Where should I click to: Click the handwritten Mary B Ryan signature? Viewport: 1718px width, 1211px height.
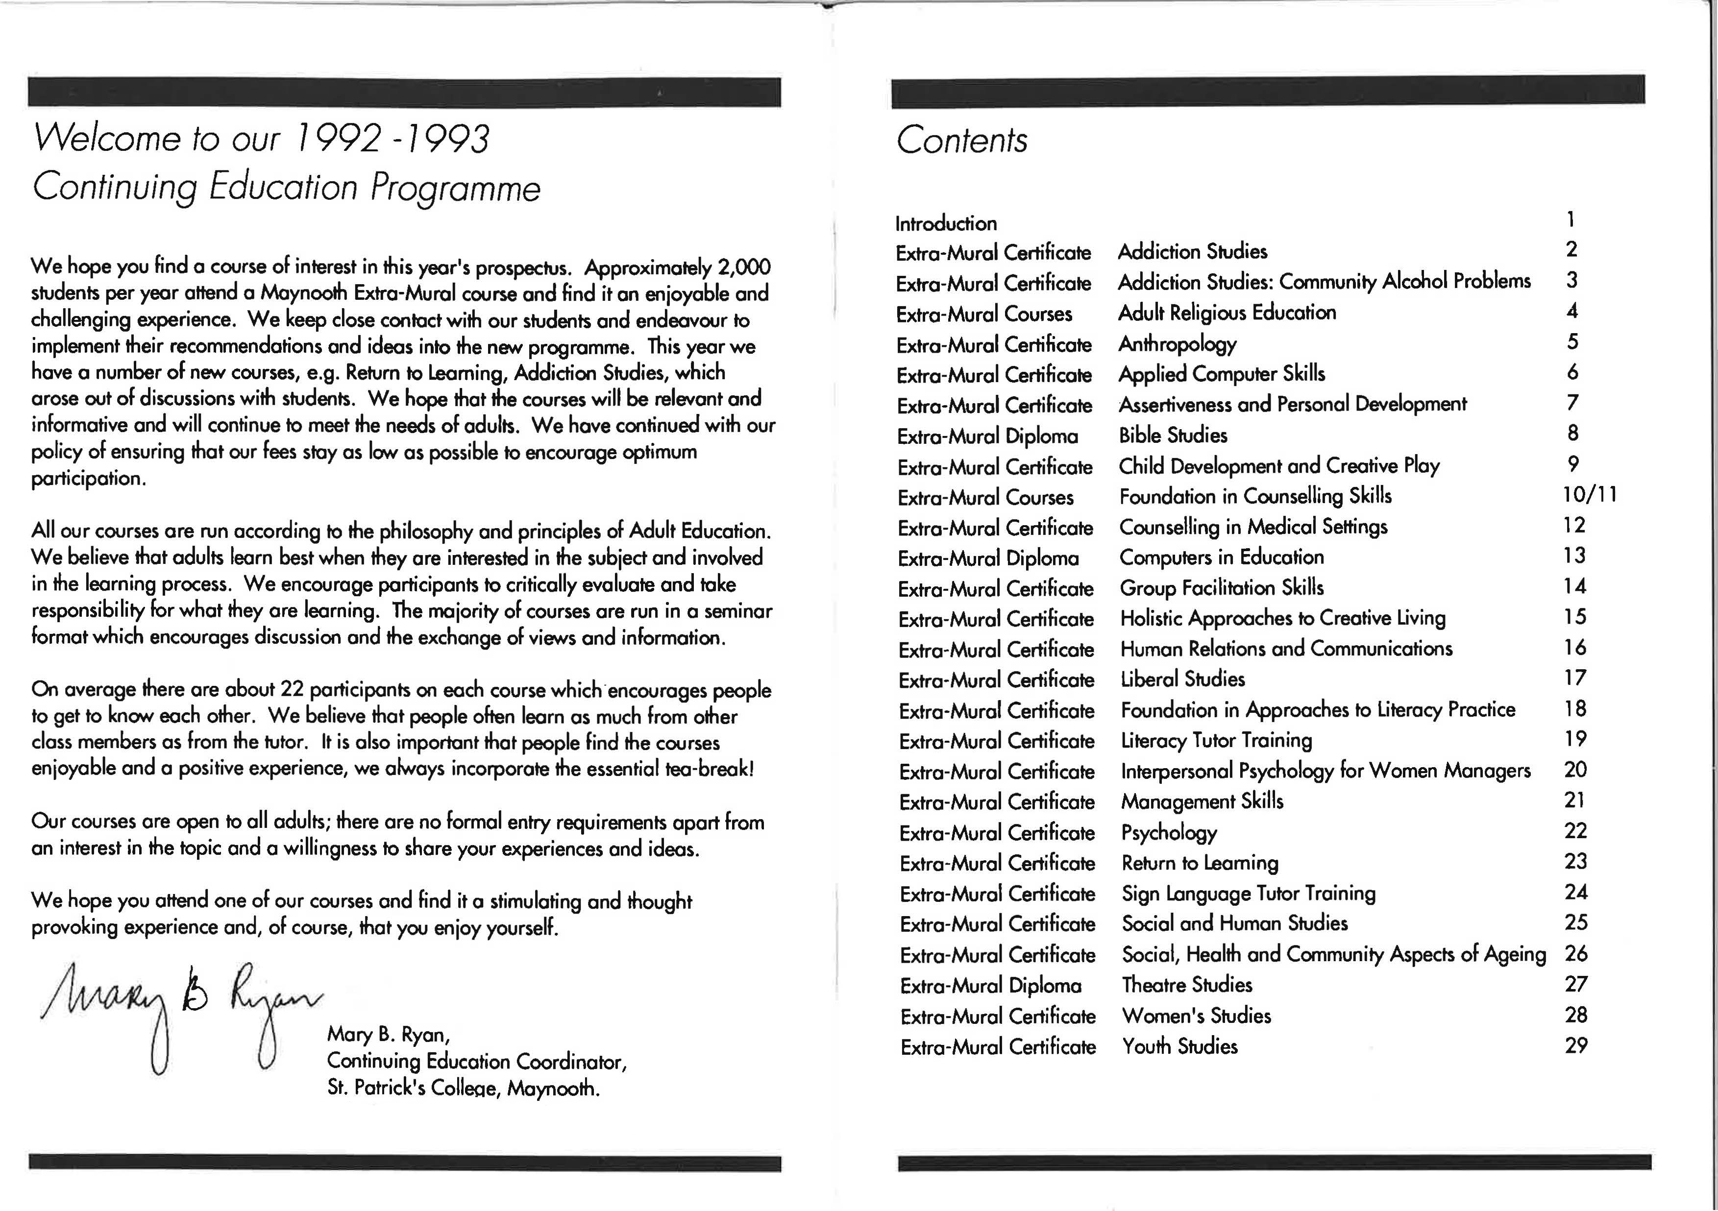[179, 1010]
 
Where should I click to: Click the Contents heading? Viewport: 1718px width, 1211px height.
[961, 140]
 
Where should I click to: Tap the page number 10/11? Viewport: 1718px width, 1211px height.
[1589, 494]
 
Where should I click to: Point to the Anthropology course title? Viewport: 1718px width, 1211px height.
[1177, 343]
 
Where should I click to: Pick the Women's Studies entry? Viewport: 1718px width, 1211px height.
[1196, 1015]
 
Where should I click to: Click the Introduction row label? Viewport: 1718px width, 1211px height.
[946, 223]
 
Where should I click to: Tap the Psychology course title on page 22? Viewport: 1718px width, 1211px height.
[1169, 832]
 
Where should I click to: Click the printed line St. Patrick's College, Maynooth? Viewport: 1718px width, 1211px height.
[463, 1088]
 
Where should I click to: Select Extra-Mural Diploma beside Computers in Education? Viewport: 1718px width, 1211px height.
[988, 558]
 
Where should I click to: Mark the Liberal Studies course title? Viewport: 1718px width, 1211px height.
[1182, 678]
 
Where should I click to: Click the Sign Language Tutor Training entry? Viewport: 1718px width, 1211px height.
[1248, 893]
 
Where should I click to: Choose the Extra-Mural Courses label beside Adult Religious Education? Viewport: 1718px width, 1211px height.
[984, 314]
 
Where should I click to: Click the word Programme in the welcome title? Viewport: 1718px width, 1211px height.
[455, 187]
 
